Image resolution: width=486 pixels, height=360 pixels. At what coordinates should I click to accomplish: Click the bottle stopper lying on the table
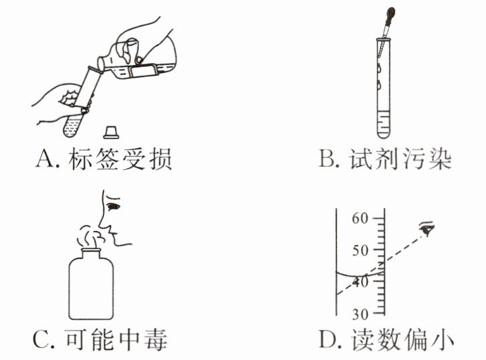coord(111,132)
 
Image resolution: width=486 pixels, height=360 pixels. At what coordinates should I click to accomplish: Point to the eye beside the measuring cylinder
coord(427,228)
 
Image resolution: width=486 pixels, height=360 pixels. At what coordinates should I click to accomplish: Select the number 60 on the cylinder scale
coord(360,219)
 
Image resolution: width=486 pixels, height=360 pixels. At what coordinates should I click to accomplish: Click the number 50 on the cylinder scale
coord(360,250)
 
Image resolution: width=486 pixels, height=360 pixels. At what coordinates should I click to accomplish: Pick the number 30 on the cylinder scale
coord(360,314)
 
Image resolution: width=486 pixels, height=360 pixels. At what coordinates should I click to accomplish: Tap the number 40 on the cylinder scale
coord(360,282)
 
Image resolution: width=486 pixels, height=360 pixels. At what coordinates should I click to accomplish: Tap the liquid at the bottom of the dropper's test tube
coord(384,124)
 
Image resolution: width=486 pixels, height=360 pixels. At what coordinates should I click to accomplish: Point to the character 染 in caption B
coord(440,159)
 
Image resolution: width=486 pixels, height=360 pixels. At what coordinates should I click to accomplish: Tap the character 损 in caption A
coord(160,159)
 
